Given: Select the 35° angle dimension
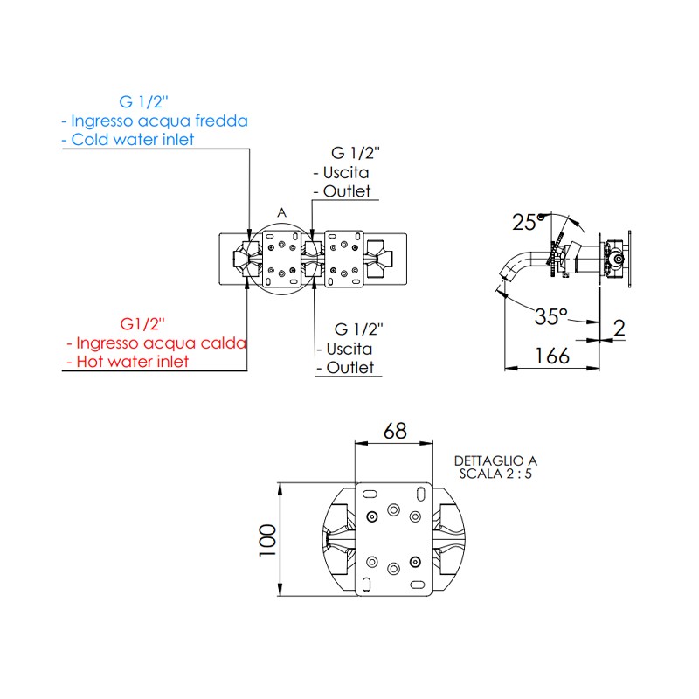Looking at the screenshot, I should click(x=551, y=315).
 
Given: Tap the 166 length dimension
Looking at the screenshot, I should click(x=552, y=356).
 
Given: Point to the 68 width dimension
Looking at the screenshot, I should click(x=395, y=431).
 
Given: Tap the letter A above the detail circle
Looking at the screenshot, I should click(x=281, y=212).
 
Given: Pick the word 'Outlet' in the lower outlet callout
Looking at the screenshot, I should click(x=349, y=368).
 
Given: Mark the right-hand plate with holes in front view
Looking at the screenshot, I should click(x=343, y=258).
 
